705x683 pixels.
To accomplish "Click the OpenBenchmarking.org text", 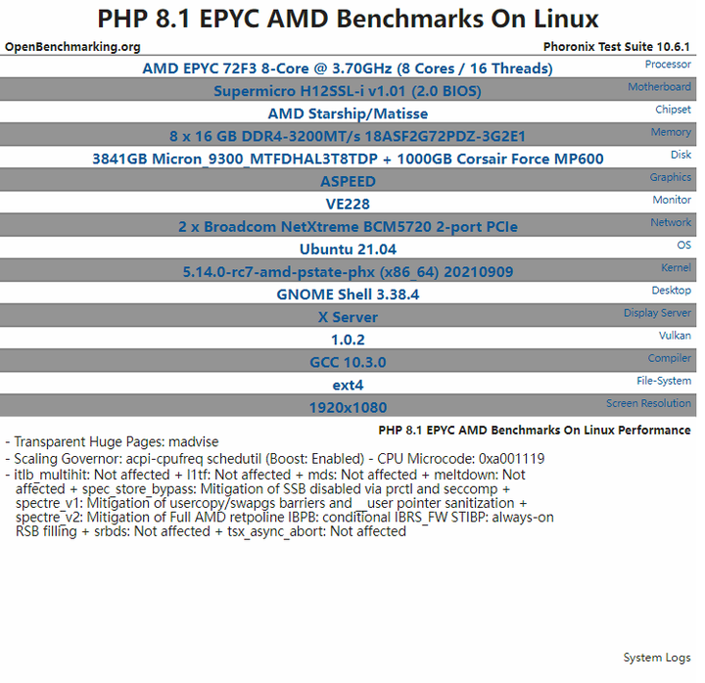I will point(72,47).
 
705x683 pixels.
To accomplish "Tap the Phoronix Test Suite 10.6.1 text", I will point(617,47).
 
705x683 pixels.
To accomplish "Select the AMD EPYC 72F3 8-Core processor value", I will point(348,68).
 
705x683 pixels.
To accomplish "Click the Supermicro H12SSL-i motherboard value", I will point(348,91).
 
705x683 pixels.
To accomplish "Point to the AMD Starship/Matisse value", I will point(348,114).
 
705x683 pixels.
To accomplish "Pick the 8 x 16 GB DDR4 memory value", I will point(348,136).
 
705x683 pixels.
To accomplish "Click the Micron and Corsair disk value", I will point(348,159).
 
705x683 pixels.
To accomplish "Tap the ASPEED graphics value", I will point(348,181).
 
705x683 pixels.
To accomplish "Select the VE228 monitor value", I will point(348,204).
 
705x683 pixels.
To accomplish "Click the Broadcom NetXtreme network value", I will point(348,226).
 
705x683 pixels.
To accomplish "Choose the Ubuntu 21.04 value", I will point(348,249).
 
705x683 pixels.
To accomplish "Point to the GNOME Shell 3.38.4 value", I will point(348,295).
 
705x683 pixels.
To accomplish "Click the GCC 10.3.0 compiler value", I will point(348,362).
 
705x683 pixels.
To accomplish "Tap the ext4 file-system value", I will point(348,385).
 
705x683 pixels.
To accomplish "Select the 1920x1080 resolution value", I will point(348,407).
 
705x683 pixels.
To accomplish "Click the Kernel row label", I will point(676,267).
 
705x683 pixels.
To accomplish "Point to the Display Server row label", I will point(657,313).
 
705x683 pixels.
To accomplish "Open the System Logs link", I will point(657,658).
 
